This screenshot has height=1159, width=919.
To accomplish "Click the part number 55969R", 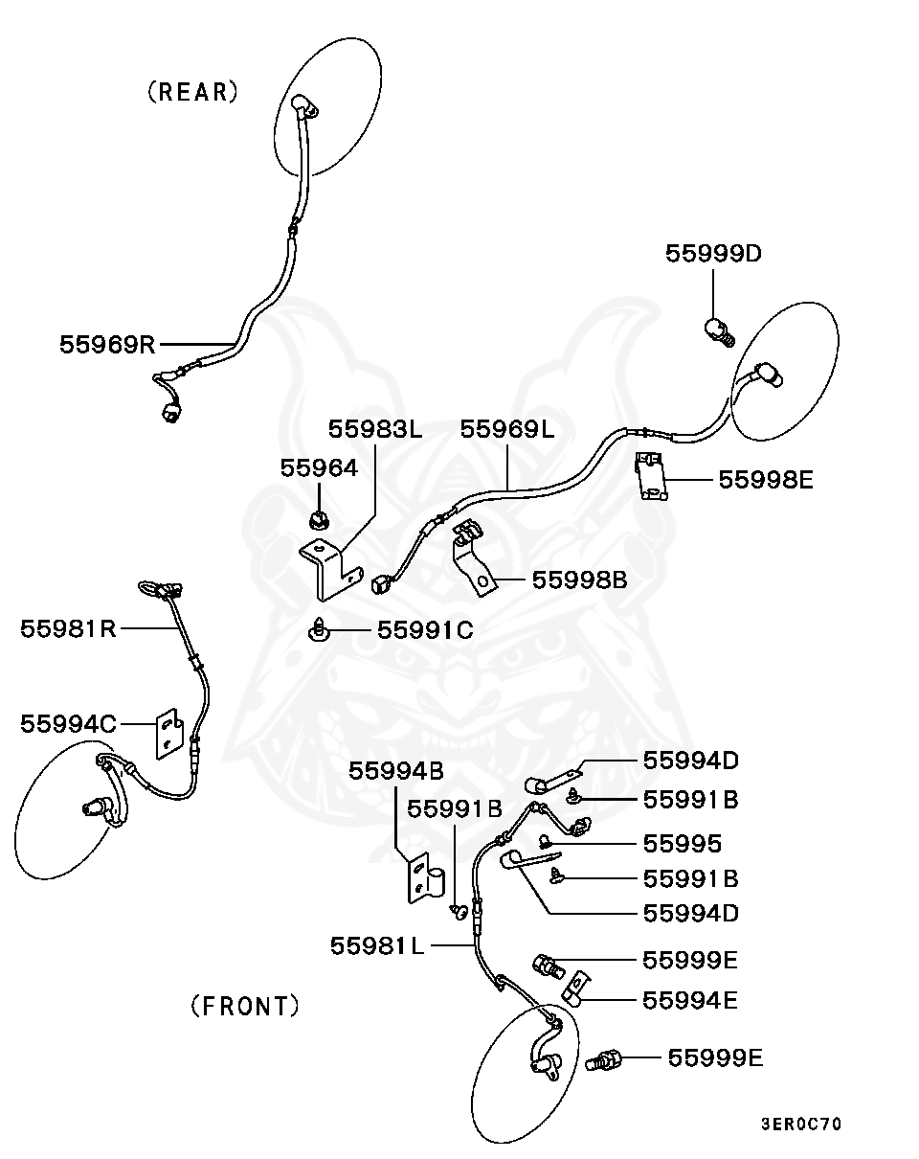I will coord(107,344).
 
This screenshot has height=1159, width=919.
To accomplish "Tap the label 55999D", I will coord(713,254).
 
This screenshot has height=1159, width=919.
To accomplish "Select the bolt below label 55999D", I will coord(717,331).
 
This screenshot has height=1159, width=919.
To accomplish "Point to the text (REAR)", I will coord(192,92).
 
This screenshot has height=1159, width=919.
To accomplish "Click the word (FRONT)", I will coord(245,1007).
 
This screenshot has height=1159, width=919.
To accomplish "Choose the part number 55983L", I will coord(375,428).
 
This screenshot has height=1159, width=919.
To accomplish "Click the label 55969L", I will coord(507,428).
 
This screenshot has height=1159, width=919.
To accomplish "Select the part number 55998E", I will coord(766,480).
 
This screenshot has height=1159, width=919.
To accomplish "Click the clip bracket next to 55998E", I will coord(654,476).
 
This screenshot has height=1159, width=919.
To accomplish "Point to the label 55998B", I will coord(580,579).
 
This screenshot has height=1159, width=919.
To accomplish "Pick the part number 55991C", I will coord(425,630).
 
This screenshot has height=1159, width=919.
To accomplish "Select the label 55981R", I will coord(68,628).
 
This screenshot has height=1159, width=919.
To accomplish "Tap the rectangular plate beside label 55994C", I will coord(169,733).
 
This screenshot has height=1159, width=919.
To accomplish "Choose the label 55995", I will coord(682,844).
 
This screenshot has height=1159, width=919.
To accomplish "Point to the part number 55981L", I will coord(378,945).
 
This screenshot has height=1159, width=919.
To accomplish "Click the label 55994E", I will coord(690,1000).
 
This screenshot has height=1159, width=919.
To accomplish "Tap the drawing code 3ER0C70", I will coord(801,1124).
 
